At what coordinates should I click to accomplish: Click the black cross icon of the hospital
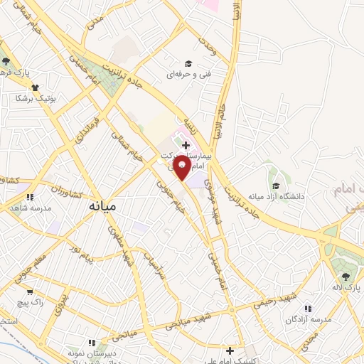[x=186, y=145]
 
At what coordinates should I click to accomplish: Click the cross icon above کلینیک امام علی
[x=230, y=350]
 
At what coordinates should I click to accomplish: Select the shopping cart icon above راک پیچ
[x=29, y=291]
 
